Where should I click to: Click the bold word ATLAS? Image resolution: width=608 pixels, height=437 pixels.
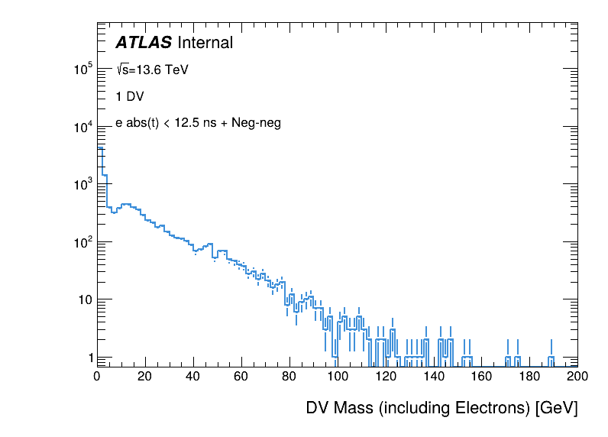tap(143, 44)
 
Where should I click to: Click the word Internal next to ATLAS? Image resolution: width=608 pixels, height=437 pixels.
tap(205, 44)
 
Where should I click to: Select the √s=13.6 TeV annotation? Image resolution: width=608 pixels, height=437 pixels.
tap(152, 70)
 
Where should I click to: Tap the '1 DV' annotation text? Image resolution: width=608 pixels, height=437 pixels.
tap(129, 96)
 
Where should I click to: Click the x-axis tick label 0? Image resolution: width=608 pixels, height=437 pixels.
tap(97, 377)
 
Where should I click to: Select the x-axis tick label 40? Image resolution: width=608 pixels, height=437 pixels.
tap(193, 377)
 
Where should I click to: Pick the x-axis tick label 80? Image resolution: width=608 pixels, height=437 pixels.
tap(289, 377)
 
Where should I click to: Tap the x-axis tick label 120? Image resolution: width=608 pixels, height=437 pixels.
tap(386, 377)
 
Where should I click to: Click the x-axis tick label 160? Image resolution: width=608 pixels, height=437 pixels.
tap(482, 377)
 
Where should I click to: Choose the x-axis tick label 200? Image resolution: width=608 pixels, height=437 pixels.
tap(577, 377)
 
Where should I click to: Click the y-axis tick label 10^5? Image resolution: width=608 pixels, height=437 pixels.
tap(82, 70)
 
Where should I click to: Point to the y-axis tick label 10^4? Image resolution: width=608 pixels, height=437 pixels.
tap(82, 127)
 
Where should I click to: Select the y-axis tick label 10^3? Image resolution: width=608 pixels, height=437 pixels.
tap(82, 184)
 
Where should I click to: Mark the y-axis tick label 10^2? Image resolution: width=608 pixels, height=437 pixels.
tap(82, 241)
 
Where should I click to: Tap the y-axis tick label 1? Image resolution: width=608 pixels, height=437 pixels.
tap(89, 357)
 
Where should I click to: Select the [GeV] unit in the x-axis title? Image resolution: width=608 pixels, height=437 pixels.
tap(557, 408)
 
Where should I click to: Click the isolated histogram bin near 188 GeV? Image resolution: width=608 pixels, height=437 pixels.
tap(551, 359)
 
